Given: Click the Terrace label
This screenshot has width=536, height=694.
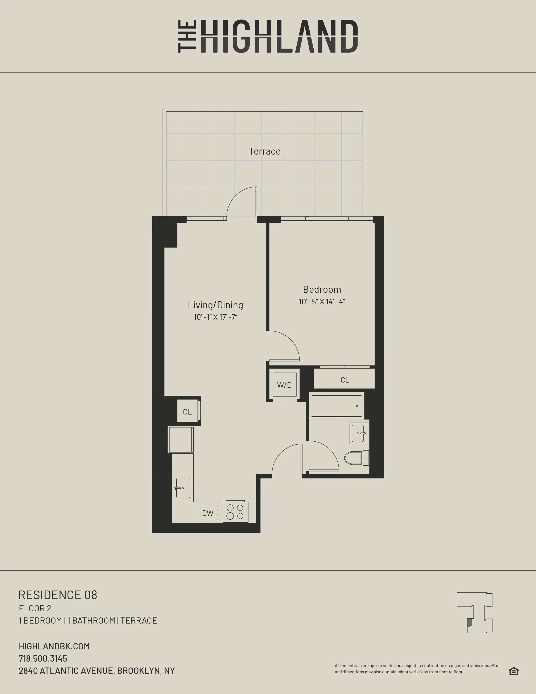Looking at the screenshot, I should tap(264, 151).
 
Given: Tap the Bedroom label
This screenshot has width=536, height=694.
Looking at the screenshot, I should tap(322, 290).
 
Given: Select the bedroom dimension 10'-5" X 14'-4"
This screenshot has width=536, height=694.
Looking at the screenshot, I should tap(322, 302).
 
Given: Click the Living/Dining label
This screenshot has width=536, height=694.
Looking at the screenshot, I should tap(215, 305).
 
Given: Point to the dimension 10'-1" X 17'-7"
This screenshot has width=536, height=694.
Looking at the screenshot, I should tap(215, 317).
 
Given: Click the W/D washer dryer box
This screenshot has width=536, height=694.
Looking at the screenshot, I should tap(284, 385).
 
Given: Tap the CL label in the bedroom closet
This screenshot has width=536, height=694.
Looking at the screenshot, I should tap(345, 380).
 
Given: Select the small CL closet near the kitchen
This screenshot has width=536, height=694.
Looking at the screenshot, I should tap(187, 412).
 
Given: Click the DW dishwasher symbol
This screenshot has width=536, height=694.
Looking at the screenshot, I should tap(208, 513).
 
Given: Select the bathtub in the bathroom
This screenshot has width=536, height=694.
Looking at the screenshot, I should tap(336, 406).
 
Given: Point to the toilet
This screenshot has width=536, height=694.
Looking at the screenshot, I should tap(356, 458).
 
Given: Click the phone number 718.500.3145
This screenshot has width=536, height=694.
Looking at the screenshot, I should tap(43, 658).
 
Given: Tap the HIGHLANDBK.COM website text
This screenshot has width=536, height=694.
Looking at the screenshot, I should tap(54, 646).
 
